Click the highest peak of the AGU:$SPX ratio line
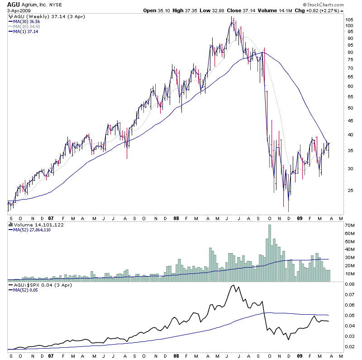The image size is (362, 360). (x=233, y=285)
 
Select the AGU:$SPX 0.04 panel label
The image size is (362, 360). (x=34, y=285)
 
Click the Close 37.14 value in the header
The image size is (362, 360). (x=245, y=10)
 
